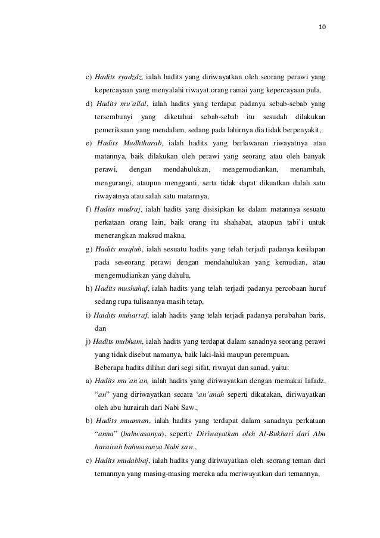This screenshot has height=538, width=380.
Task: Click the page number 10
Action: [x=323, y=26]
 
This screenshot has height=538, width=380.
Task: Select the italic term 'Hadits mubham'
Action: [x=117, y=341]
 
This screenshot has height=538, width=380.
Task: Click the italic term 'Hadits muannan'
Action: [x=120, y=420]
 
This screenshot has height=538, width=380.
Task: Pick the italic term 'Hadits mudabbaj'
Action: [x=122, y=460]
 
